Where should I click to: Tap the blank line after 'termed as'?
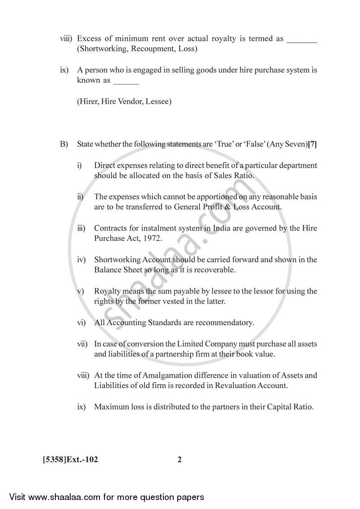tap(302, 40)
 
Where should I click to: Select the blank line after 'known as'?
tap(126, 81)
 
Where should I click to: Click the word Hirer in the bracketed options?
tap(89, 102)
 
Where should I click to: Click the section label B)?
tap(64, 144)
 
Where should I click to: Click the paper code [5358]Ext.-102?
tap(70, 460)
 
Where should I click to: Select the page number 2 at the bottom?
tap(180, 460)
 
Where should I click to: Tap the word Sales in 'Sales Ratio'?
tap(223, 176)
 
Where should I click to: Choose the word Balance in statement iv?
tap(107, 270)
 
